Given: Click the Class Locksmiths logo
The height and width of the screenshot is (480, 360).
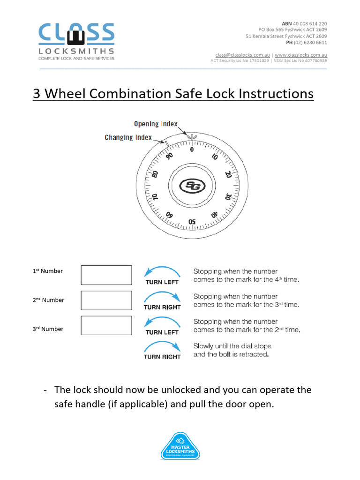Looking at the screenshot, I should click(x=76, y=41).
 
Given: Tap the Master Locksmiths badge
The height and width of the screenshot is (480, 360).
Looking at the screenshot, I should click(x=180, y=446).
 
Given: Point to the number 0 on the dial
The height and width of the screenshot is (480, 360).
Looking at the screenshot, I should click(x=191, y=150).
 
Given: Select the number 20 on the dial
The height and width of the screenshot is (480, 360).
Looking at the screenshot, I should click(x=228, y=174).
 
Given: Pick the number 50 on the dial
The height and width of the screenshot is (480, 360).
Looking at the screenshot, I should click(x=192, y=222).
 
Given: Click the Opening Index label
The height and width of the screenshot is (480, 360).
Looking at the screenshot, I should click(x=156, y=124).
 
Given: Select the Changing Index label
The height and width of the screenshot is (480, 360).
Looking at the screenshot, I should click(x=128, y=137).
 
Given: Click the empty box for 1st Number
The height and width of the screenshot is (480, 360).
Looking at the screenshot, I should click(x=106, y=275).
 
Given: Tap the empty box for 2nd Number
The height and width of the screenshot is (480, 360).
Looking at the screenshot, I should click(x=106, y=300).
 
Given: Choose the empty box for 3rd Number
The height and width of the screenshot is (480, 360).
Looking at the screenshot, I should click(x=106, y=325).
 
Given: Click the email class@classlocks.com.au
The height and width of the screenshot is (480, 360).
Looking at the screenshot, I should click(x=242, y=55).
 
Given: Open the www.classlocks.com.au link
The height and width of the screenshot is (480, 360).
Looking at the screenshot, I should click(x=300, y=55).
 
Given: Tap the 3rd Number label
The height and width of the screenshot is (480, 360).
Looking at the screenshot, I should click(x=48, y=329).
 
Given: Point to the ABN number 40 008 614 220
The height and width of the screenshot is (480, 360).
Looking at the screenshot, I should click(x=310, y=23).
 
